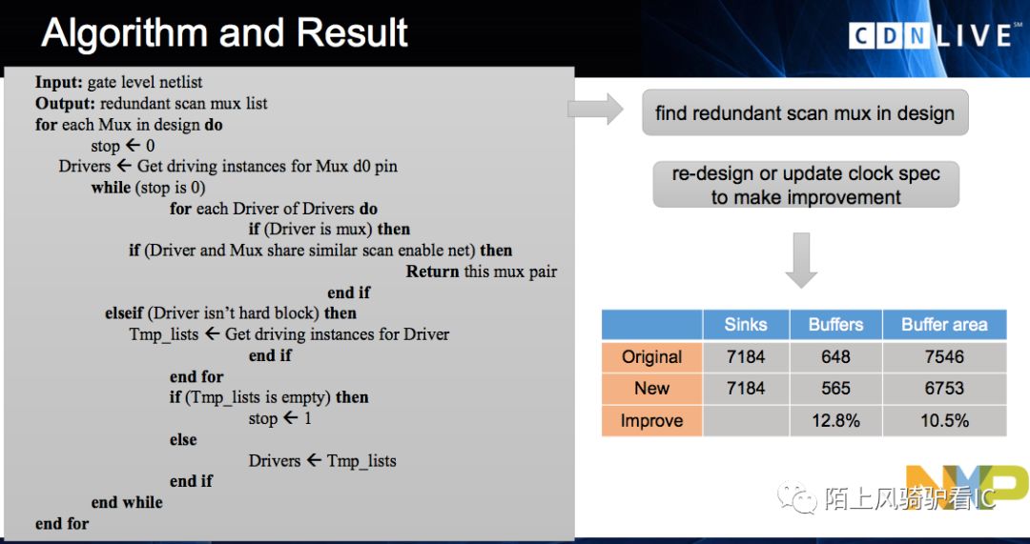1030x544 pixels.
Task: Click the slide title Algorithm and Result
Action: (x=224, y=32)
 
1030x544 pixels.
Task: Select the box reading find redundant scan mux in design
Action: (x=805, y=112)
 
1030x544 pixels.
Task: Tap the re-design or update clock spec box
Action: (x=806, y=185)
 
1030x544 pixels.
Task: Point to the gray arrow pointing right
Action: (x=595, y=109)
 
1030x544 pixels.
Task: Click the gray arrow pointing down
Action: (x=801, y=260)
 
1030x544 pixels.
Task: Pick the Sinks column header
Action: (x=746, y=324)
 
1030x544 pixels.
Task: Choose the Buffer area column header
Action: (x=944, y=324)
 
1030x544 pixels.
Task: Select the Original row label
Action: (x=651, y=357)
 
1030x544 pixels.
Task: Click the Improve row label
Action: (x=651, y=420)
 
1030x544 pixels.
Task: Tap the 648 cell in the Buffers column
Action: (x=835, y=357)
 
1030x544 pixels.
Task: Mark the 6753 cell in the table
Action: (x=944, y=389)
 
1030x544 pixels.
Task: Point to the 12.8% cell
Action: (x=835, y=420)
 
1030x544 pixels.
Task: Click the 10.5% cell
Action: (x=944, y=420)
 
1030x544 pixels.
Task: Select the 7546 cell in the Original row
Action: (x=944, y=357)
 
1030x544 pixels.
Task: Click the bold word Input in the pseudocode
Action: (x=59, y=83)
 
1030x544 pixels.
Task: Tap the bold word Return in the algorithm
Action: (x=432, y=271)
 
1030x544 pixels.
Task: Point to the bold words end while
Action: (x=127, y=503)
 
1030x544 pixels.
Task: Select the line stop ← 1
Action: (x=279, y=418)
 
